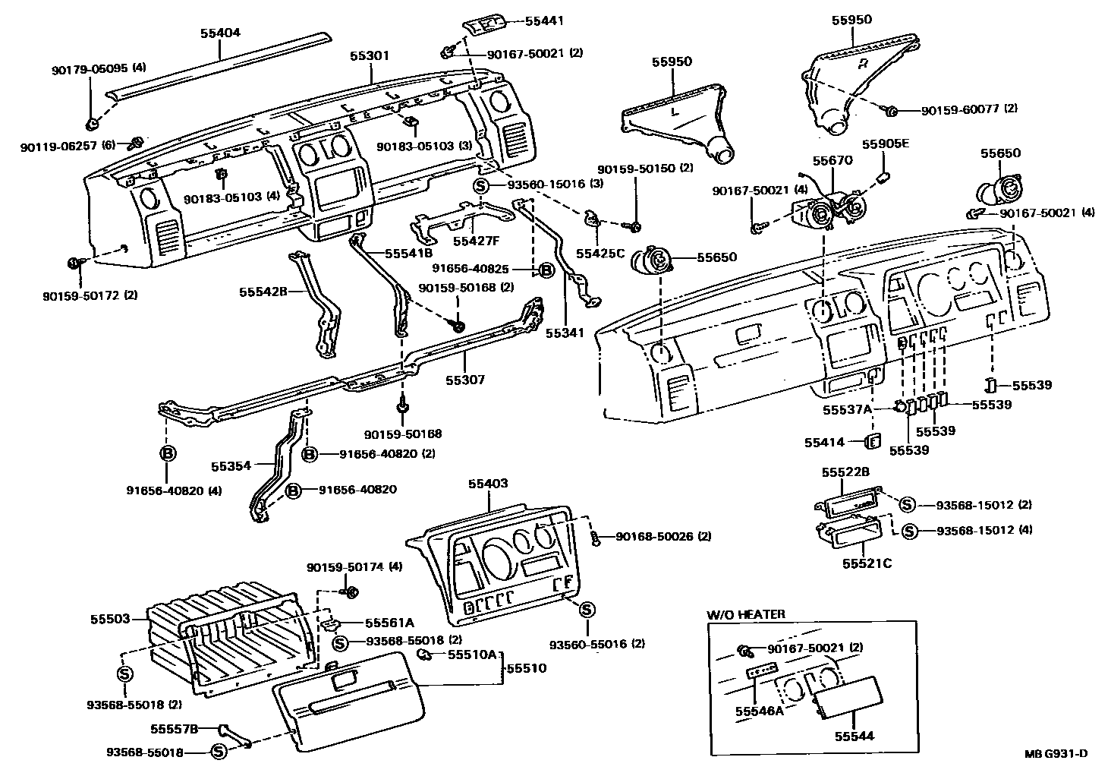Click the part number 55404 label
[220, 33]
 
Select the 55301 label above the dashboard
[370, 56]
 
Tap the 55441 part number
[544, 21]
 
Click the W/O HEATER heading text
[746, 614]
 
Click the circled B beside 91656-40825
[545, 269]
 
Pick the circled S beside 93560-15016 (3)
[481, 185]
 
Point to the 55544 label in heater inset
[854, 736]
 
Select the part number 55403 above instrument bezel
[488, 484]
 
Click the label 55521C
[867, 563]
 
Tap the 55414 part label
[824, 441]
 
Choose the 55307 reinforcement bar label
[464, 380]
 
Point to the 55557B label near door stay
[174, 728]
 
